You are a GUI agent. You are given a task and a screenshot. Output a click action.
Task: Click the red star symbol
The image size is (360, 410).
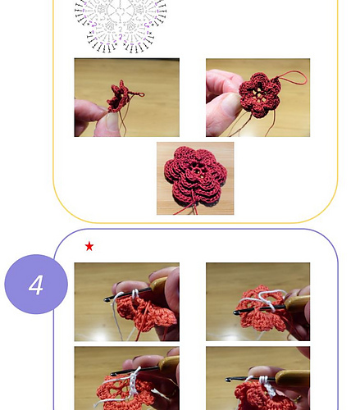[89, 246]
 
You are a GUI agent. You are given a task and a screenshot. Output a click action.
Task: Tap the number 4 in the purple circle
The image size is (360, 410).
[36, 285]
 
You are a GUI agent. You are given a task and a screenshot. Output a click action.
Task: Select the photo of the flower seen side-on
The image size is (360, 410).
[126, 97]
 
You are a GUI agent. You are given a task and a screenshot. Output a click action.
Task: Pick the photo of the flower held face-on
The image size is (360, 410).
[257, 97]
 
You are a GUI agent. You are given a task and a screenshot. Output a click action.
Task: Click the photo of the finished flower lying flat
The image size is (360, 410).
[195, 178]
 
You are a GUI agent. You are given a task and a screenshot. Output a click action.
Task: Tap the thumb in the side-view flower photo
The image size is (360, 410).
[104, 125]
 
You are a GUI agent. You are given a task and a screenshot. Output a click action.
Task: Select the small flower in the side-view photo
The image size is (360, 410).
[121, 95]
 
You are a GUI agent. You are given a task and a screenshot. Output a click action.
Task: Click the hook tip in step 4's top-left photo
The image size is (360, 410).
[107, 298]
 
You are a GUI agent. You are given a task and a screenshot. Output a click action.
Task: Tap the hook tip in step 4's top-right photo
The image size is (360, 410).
[236, 312]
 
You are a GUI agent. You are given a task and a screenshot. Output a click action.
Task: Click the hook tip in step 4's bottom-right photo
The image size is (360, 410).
[229, 378]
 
